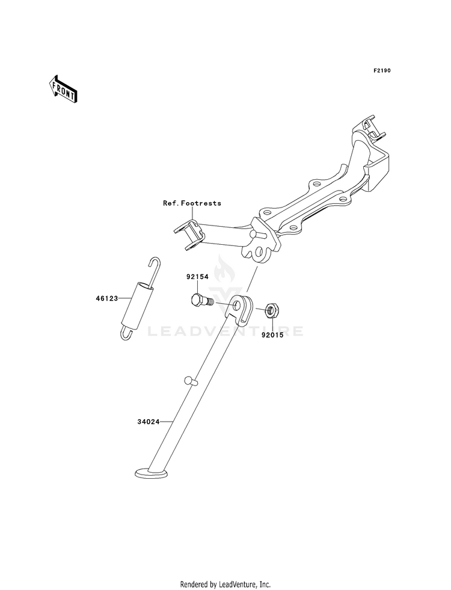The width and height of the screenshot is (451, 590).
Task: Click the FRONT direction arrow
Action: point(63,89)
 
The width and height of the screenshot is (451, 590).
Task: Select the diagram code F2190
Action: point(382,70)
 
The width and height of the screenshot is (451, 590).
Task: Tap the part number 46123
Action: point(106,298)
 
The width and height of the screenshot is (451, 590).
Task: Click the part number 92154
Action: point(197,277)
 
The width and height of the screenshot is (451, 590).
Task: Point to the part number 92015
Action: point(273,335)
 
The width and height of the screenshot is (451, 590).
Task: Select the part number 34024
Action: point(148,422)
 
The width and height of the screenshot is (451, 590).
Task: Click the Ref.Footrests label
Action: point(192,203)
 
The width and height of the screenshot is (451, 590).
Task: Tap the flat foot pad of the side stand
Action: point(152,473)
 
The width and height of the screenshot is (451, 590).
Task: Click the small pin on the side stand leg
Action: point(191,381)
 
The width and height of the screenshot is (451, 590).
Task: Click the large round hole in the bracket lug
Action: point(259,251)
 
